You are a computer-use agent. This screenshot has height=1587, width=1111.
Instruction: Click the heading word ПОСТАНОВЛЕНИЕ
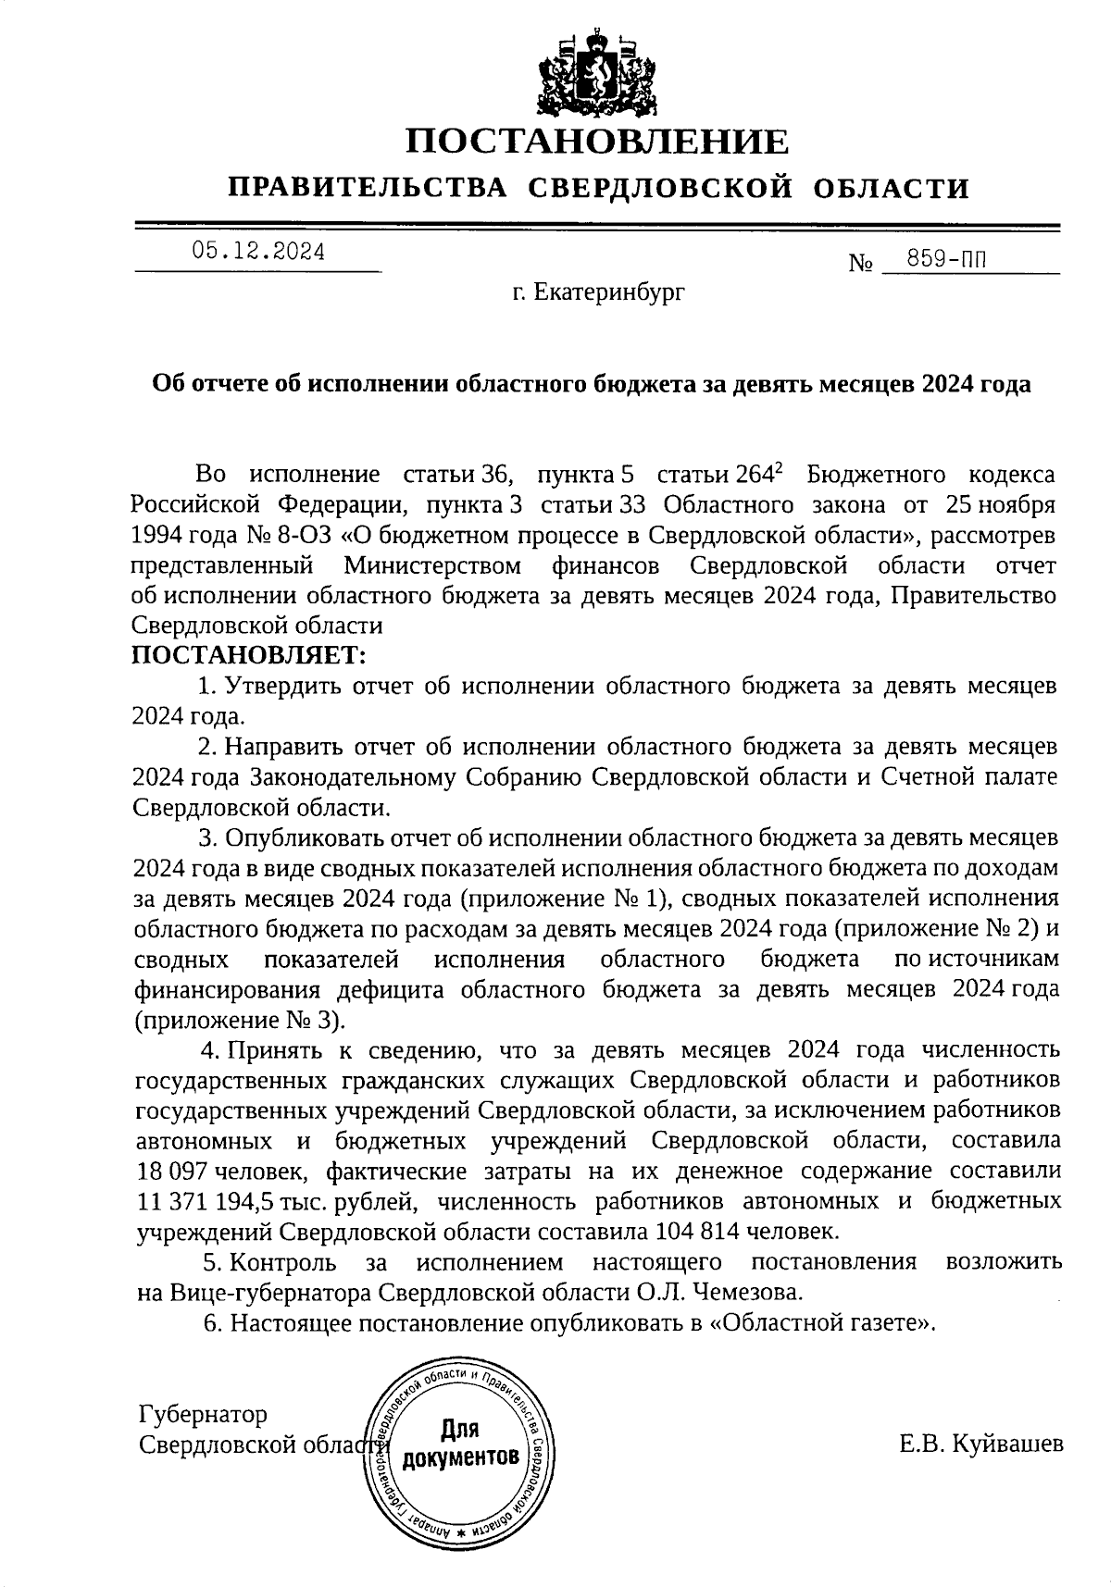[x=597, y=142]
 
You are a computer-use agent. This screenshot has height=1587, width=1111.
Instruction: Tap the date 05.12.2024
[x=258, y=252]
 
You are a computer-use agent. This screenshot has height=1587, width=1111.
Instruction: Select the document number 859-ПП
[x=945, y=259]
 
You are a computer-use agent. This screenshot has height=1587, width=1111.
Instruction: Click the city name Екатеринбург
[x=598, y=293]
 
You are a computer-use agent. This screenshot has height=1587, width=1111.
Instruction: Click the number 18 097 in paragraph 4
[x=173, y=1171]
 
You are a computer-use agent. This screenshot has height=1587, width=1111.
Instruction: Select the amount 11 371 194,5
[x=218, y=1201]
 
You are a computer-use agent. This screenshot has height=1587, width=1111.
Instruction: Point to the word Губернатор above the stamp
[x=203, y=1414]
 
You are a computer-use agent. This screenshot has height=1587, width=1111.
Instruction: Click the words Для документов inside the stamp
[x=459, y=1444]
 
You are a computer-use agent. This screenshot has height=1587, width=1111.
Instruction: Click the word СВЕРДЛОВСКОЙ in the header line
[x=660, y=189]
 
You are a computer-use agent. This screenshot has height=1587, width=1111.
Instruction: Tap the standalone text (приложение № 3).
[x=239, y=1020]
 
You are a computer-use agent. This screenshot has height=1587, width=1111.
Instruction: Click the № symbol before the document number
[x=861, y=264]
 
